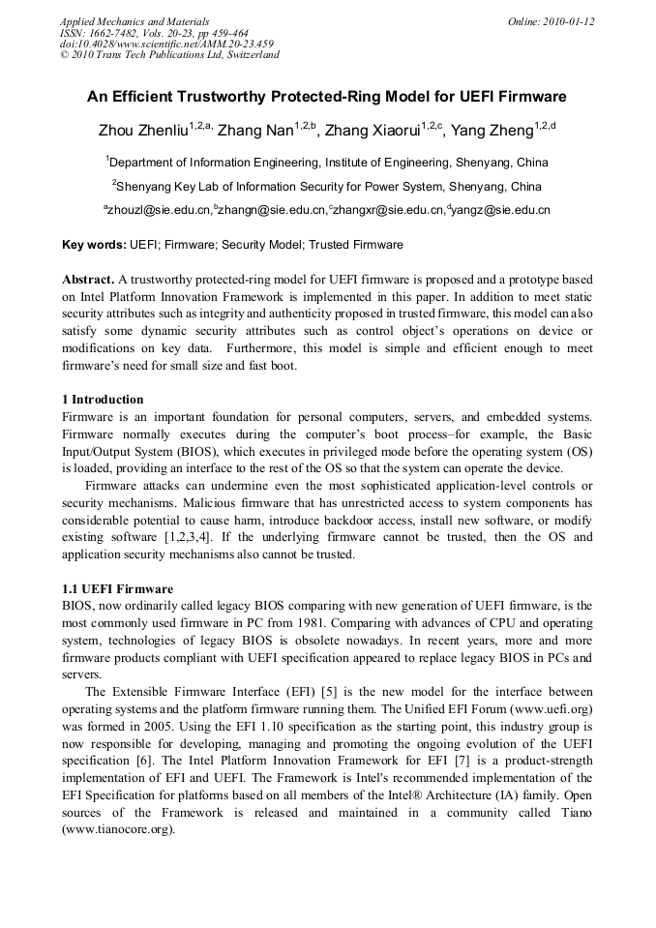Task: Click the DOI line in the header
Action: click(166, 44)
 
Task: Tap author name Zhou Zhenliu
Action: click(142, 131)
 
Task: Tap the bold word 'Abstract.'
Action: click(88, 278)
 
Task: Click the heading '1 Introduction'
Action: click(103, 400)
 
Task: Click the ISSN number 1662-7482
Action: click(116, 32)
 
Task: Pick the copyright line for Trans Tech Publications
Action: click(169, 55)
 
